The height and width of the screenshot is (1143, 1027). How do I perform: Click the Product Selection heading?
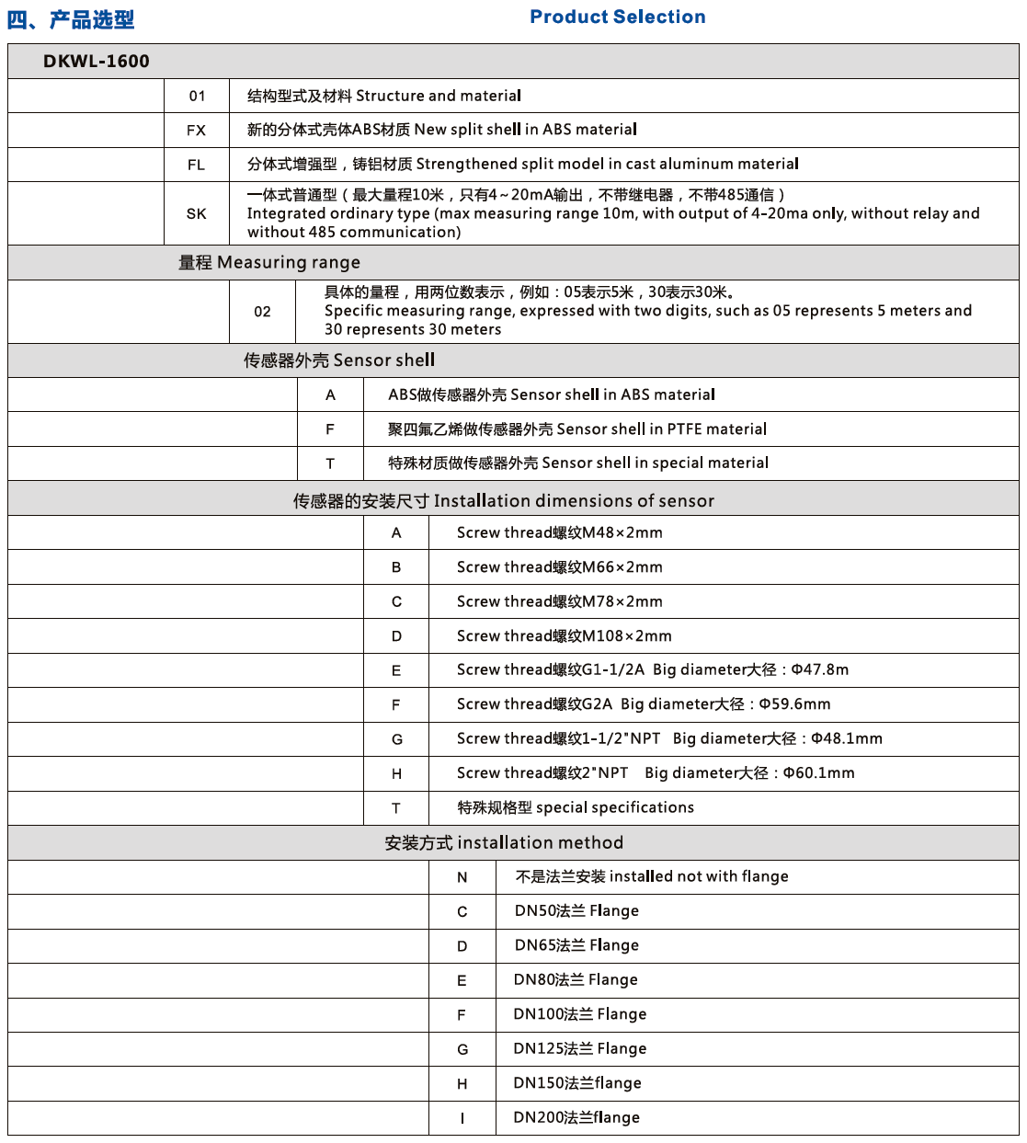coord(617,17)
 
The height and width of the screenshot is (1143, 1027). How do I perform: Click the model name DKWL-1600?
coord(97,62)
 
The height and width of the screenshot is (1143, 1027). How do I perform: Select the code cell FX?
coord(196,131)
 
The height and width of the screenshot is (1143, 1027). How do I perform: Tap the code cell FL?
coord(196,166)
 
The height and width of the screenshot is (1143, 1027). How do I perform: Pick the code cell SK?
coord(196,213)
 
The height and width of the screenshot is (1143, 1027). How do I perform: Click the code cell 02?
coord(262,312)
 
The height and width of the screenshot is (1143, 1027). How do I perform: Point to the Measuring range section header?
coord(268,263)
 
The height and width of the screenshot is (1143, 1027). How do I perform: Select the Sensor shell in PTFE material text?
coord(576,429)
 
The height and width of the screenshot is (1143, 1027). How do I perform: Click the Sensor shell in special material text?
coord(577,463)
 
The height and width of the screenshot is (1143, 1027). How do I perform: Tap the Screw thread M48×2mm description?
coord(559,533)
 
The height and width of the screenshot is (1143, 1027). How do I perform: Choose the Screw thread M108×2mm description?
coord(564,636)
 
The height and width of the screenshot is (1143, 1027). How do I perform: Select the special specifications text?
coord(576,807)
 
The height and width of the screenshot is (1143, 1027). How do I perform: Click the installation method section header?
coord(504,843)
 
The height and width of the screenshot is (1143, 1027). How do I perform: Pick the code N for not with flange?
coord(462,877)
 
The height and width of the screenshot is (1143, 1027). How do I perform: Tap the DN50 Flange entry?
coord(576,911)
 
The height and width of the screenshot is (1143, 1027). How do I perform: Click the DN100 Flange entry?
coord(579,1014)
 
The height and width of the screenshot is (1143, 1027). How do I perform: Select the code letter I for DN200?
coord(462,1118)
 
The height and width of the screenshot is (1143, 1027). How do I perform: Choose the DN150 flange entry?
coord(576,1083)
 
